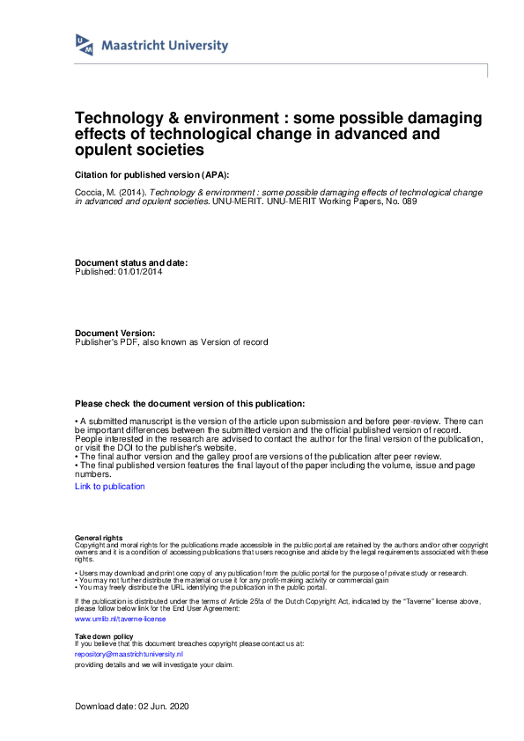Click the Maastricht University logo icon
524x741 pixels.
click(x=85, y=45)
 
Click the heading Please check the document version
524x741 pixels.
click(x=190, y=402)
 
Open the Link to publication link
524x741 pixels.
click(x=110, y=486)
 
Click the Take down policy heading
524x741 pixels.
click(x=104, y=635)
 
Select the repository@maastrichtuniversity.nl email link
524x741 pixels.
click(x=129, y=655)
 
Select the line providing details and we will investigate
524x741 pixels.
click(x=154, y=664)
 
